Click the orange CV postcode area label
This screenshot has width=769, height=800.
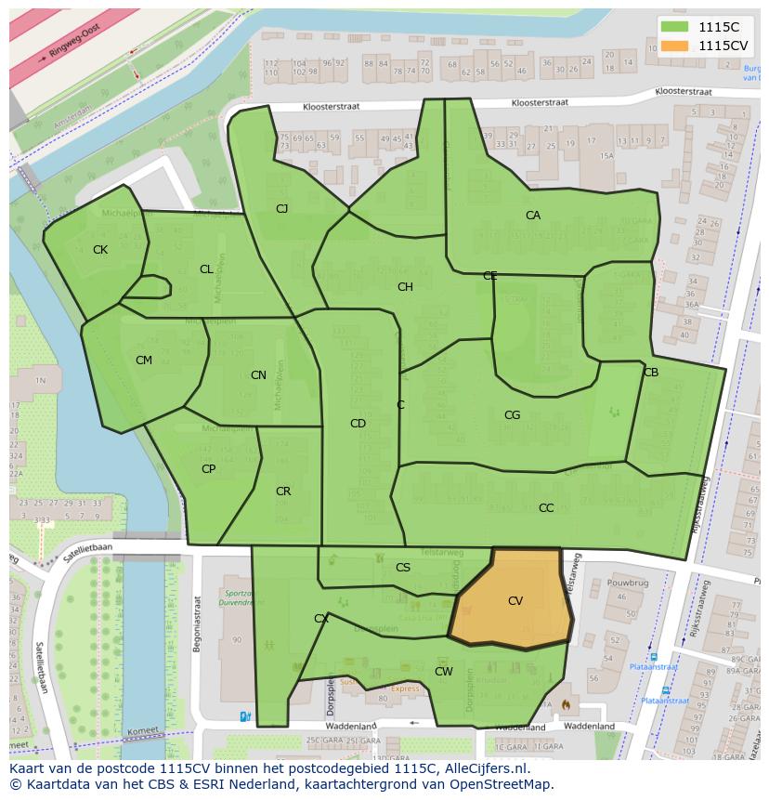(x=515, y=601)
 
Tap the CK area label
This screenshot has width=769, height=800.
(x=100, y=250)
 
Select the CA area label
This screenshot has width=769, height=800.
(x=532, y=216)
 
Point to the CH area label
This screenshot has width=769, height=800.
(x=405, y=287)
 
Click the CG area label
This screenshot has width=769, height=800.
(x=512, y=415)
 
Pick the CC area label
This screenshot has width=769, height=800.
(x=546, y=508)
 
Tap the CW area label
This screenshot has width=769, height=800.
(x=444, y=671)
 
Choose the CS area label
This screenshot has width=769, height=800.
(x=403, y=568)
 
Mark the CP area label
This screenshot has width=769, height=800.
(x=208, y=469)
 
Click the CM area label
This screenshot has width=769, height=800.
(x=144, y=361)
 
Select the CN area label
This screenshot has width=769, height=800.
(x=258, y=375)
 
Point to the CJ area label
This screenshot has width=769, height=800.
(x=281, y=209)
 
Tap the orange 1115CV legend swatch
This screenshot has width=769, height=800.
(x=675, y=46)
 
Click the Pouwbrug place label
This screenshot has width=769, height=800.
(x=627, y=583)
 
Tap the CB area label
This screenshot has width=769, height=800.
(x=651, y=373)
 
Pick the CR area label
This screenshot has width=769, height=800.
(x=283, y=492)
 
